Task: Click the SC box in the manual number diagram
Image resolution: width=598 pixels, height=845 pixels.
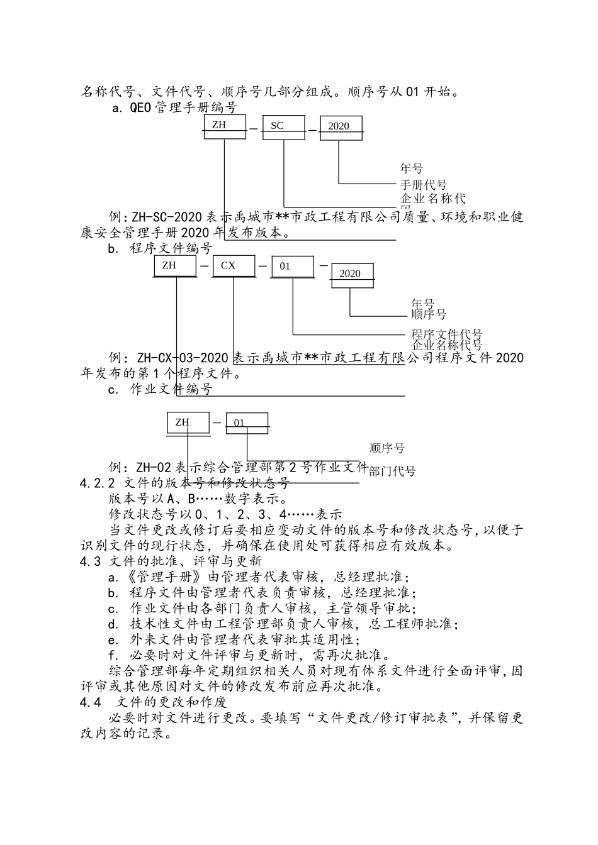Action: pyautogui.click(x=283, y=126)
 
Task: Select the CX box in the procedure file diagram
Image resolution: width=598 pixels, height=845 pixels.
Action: pyautogui.click(x=234, y=266)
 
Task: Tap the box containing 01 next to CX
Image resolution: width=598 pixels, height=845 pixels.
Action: pyautogui.click(x=293, y=267)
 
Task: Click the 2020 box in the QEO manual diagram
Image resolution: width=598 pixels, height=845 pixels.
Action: pyautogui.click(x=341, y=126)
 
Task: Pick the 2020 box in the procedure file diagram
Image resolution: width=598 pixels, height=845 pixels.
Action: pyautogui.click(x=353, y=274)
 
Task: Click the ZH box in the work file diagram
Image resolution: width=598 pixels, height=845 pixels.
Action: pyautogui.click(x=188, y=423)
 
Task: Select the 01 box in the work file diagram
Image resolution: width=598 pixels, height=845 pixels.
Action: pyautogui.click(x=247, y=423)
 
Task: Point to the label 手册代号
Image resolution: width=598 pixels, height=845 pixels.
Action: pyautogui.click(x=424, y=185)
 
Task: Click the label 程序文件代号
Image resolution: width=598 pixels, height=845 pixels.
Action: pyautogui.click(x=447, y=334)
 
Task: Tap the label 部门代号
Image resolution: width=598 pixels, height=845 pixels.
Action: pyautogui.click(x=392, y=471)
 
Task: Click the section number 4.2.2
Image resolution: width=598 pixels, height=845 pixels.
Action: pyautogui.click(x=97, y=483)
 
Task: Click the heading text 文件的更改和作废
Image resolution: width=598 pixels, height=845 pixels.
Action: pyautogui.click(x=172, y=702)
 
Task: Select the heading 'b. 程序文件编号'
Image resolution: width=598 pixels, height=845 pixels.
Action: pyautogui.click(x=160, y=248)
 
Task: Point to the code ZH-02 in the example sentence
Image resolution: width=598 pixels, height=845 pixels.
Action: pyautogui.click(x=153, y=467)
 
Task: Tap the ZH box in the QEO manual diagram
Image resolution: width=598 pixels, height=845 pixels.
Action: pyautogui.click(x=225, y=126)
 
